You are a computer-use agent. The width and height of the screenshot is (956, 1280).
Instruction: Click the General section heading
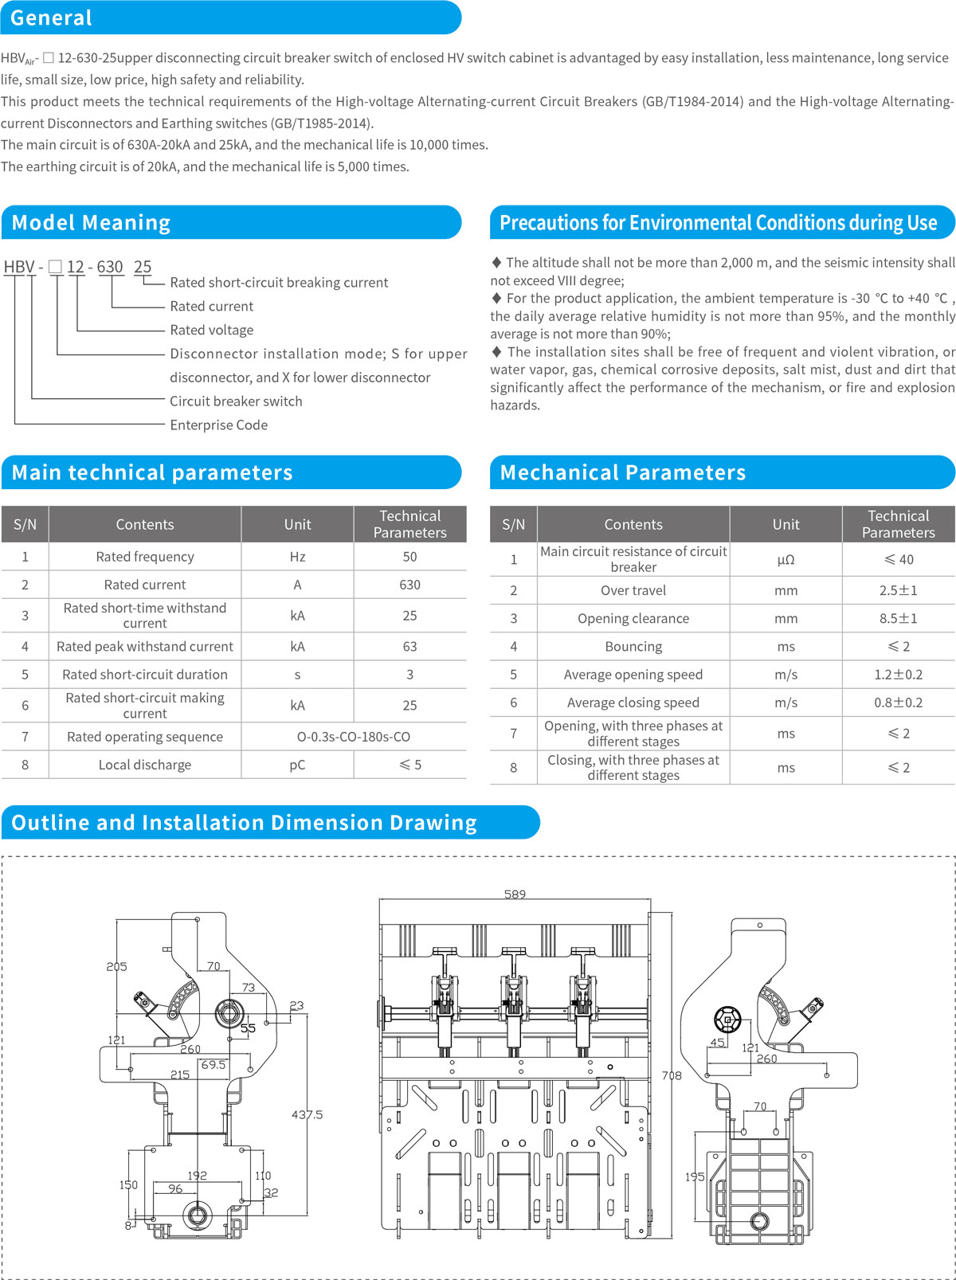click(x=51, y=18)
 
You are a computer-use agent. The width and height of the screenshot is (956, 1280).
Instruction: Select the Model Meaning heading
click(x=91, y=222)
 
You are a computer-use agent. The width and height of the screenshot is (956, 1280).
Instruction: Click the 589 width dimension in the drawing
click(x=515, y=894)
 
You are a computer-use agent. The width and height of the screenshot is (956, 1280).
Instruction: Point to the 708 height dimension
click(x=672, y=1075)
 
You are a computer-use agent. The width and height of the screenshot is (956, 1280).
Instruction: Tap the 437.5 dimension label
click(x=307, y=1114)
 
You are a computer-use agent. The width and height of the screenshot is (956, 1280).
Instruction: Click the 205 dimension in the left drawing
click(x=116, y=966)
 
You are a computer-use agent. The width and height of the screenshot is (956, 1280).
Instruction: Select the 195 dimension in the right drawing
click(x=695, y=1176)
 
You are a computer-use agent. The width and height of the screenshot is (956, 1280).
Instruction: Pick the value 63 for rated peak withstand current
click(x=409, y=646)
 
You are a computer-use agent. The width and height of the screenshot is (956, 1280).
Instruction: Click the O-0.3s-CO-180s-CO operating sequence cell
click(x=354, y=737)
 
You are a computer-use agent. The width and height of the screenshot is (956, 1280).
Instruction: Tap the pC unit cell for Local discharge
click(x=297, y=765)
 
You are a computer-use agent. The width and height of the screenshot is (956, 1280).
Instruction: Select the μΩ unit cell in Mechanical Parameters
click(x=786, y=559)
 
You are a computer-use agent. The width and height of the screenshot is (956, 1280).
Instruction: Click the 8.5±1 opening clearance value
click(x=898, y=618)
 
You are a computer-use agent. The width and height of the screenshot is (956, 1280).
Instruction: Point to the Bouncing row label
click(x=633, y=646)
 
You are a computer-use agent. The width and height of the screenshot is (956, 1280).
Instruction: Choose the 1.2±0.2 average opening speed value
click(x=898, y=675)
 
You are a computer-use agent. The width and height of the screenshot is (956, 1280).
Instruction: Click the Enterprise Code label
click(x=218, y=425)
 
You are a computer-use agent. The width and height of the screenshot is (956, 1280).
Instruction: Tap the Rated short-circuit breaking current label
click(x=279, y=282)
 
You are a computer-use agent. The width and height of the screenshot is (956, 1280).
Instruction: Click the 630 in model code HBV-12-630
click(x=110, y=267)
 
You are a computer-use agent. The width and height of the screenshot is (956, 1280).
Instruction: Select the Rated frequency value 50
click(x=409, y=557)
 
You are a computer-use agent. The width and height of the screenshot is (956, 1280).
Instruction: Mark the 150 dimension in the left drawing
click(x=128, y=1184)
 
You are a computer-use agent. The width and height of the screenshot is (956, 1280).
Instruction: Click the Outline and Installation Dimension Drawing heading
click(x=244, y=822)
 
